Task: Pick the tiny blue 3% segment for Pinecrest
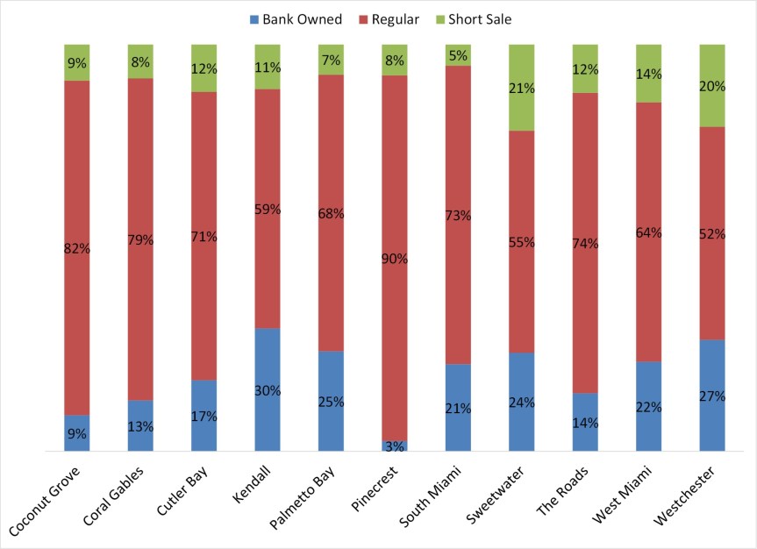coord(395,446)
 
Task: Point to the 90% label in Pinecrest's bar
coord(395,259)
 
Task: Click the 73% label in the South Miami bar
coord(458,215)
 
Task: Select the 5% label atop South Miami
coord(458,56)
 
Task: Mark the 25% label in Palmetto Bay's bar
coord(331,402)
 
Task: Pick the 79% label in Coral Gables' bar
coord(140,239)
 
